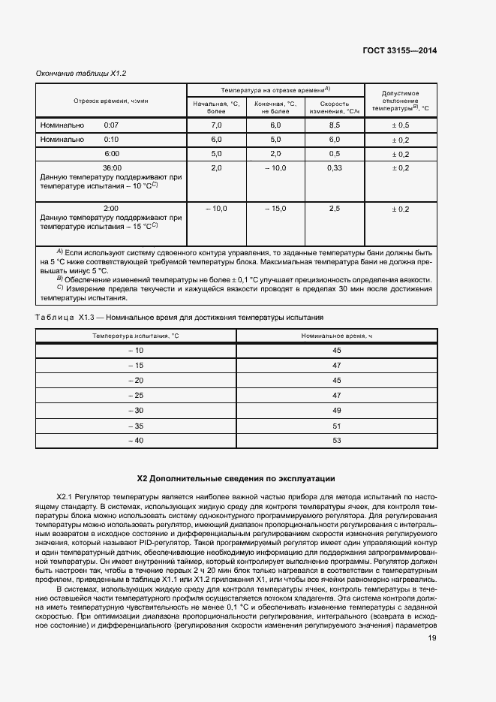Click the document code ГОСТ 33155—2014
[400, 51]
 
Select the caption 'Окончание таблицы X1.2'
[81, 74]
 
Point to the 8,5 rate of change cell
[335, 125]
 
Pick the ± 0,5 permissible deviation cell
[400, 125]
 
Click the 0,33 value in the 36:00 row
[335, 167]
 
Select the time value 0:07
[111, 125]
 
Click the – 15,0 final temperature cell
[275, 208]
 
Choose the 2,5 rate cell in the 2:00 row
[335, 208]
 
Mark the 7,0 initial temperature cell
[217, 125]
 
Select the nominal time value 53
[336, 440]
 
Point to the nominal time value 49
[336, 410]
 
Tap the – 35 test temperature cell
[136, 425]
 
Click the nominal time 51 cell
[336, 425]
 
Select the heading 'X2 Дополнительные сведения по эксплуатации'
[236, 478]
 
